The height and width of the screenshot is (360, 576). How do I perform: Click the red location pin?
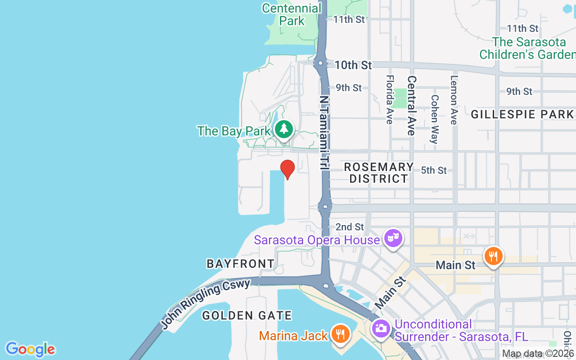click(x=288, y=169)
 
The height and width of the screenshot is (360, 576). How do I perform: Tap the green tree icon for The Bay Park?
click(x=283, y=129)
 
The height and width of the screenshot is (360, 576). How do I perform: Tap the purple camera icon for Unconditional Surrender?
click(x=381, y=328)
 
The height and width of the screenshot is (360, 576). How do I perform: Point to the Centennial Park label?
click(x=292, y=14)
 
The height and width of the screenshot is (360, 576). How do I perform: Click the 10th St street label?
click(x=353, y=65)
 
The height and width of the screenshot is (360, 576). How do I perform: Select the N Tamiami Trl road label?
click(x=324, y=132)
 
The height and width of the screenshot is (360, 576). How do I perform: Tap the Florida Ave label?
click(x=390, y=99)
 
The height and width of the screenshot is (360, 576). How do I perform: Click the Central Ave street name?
click(x=411, y=105)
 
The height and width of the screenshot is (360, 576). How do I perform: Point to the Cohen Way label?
click(x=434, y=119)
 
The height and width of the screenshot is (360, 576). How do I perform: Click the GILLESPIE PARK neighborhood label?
click(x=522, y=115)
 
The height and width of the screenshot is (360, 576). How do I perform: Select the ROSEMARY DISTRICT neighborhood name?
click(x=378, y=173)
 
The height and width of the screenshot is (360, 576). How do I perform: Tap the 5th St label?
click(x=434, y=171)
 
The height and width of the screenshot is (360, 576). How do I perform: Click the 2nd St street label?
click(x=350, y=227)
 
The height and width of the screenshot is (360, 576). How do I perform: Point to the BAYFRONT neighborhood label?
click(x=240, y=264)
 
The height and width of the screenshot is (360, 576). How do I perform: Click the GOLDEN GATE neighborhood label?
click(x=247, y=315)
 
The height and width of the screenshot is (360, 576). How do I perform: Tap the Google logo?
click(x=30, y=349)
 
